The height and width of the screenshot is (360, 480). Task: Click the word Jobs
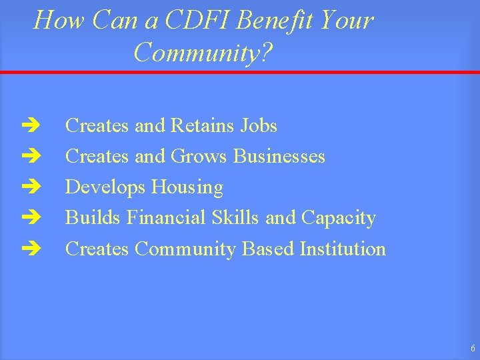pos(259,125)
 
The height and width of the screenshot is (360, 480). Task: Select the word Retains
pos(203,125)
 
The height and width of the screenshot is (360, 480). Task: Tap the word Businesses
pos(279,156)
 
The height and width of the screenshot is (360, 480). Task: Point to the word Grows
pos(200,156)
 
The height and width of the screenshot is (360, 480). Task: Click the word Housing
pos(187,187)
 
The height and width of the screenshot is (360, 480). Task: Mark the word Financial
pos(166,218)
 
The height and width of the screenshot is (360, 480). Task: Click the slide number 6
pos(472,348)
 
